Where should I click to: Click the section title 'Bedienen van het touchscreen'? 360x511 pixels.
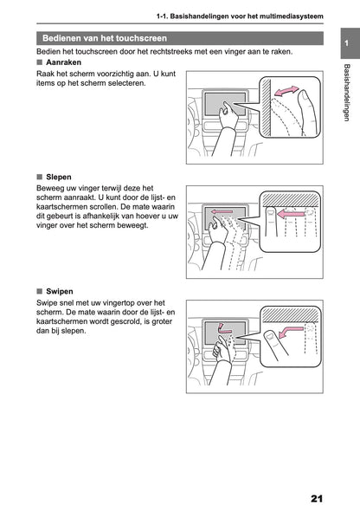pyautogui.click(x=105, y=38)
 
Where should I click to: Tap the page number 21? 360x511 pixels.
pyautogui.click(x=317, y=499)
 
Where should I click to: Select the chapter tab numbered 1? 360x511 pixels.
pyautogui.click(x=346, y=43)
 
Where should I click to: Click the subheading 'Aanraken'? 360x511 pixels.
pyautogui.click(x=63, y=62)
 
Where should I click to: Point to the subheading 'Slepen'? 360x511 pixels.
pyautogui.click(x=59, y=177)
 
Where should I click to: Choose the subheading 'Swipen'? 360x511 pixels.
pyautogui.click(x=60, y=291)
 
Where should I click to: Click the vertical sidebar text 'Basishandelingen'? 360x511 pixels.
pyautogui.click(x=347, y=93)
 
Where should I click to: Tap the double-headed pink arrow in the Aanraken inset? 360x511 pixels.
pyautogui.click(x=286, y=91)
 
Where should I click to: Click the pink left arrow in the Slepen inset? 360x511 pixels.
pyautogui.click(x=292, y=214)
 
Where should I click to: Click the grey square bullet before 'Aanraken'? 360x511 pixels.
pyautogui.click(x=40, y=62)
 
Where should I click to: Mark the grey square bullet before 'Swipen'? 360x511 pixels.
pyautogui.click(x=40, y=291)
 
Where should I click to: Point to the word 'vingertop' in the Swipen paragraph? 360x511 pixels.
pyautogui.click(x=119, y=303)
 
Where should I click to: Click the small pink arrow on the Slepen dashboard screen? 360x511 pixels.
pyautogui.click(x=222, y=212)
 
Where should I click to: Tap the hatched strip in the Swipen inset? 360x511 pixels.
pyautogui.click(x=291, y=314)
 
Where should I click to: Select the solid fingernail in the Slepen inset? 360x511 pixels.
pyautogui.click(x=270, y=212)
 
